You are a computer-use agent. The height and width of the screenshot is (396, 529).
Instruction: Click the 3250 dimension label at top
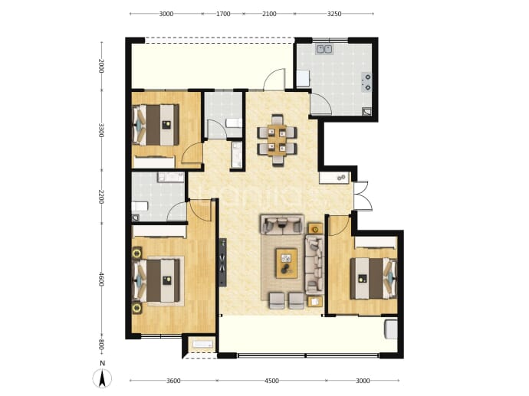pos(334,14)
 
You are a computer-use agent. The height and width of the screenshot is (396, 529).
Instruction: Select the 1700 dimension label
pos(223,14)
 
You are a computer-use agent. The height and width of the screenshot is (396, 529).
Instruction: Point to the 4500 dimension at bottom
pos(271,381)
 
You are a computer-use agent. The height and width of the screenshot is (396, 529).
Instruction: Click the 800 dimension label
pos(101,345)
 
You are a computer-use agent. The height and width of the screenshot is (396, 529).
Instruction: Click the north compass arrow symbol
pos(103,378)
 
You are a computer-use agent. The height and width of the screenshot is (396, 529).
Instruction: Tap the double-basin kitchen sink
pos(324,50)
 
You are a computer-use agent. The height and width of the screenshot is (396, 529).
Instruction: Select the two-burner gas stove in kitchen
pos(366,82)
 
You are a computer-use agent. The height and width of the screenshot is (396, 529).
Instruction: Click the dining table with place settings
pos(277,140)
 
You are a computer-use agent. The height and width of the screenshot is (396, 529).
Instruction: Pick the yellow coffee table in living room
pos(287,263)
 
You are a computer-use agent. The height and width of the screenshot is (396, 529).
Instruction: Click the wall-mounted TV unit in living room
pos(222,262)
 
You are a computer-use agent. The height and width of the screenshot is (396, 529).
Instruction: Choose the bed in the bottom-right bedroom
pos(373,278)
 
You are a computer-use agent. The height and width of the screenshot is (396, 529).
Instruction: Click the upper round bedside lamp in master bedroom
pos(137,253)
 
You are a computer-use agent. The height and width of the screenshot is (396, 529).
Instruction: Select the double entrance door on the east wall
pos(363,196)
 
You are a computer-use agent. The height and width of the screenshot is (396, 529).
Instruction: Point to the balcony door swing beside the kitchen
pos(274,80)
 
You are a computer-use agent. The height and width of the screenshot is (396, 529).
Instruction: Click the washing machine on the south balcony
pos(391,329)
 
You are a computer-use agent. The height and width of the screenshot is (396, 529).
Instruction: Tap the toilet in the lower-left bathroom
pos(140,206)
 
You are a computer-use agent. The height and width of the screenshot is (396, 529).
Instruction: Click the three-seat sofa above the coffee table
pos(282,224)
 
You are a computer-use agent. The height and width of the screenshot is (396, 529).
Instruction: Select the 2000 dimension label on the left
pos(101,66)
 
